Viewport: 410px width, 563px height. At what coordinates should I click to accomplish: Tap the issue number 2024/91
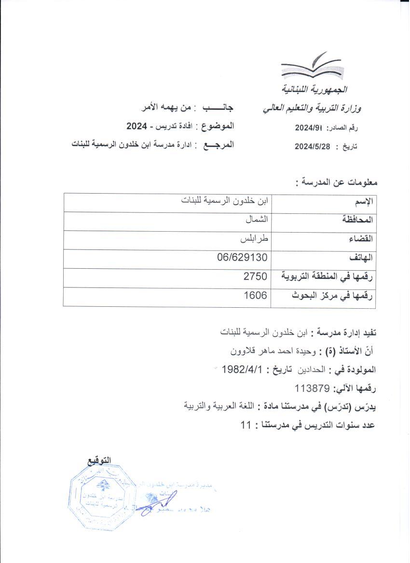click(308, 128)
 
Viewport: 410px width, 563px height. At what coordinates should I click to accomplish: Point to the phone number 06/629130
click(242, 258)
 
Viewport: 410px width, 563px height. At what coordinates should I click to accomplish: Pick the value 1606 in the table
click(255, 295)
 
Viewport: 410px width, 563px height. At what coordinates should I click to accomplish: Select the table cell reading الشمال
click(256, 220)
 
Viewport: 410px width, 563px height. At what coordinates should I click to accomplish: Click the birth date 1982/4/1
click(241, 370)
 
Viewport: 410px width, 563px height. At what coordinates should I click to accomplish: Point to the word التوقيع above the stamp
click(98, 460)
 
